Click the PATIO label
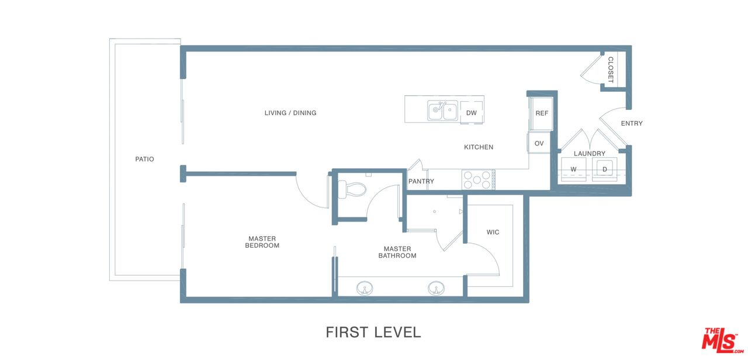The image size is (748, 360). coord(144,160)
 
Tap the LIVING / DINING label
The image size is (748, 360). coord(290,113)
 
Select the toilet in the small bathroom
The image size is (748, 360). coord(352,189)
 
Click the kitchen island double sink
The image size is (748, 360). coord(442,110)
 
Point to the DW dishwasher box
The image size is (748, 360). coord(472,113)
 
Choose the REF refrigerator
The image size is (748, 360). coord(541,113)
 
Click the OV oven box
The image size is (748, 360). coord(539,143)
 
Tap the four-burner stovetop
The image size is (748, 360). coord(478,179)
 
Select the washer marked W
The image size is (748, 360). coord(574,169)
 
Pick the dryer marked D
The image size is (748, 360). coord(604,169)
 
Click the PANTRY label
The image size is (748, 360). coord(421,181)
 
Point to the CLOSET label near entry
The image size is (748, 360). coord(611,70)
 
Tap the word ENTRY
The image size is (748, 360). coord(632,123)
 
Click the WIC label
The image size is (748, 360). coord(493,232)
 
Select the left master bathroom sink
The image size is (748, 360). coord(365,288)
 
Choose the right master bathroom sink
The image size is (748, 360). coord(436,288)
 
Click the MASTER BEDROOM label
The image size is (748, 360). coord(262,242)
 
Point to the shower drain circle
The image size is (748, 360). coord(434,212)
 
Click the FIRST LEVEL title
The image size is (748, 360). coord(373,333)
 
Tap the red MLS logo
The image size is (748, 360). coord(722,340)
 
